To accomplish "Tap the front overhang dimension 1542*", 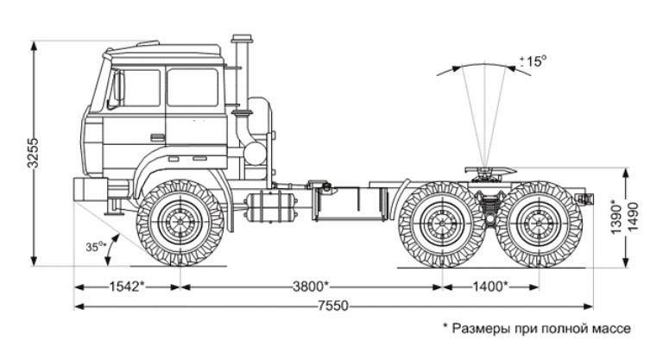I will click(126, 286).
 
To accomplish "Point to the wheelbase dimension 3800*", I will click(310, 286).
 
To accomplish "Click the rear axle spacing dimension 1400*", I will click(489, 286).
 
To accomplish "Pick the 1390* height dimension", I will click(616, 218).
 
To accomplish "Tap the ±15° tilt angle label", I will click(535, 61).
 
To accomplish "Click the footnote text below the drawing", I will click(536, 329).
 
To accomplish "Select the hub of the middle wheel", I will click(443, 224).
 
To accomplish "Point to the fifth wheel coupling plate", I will click(488, 172).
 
